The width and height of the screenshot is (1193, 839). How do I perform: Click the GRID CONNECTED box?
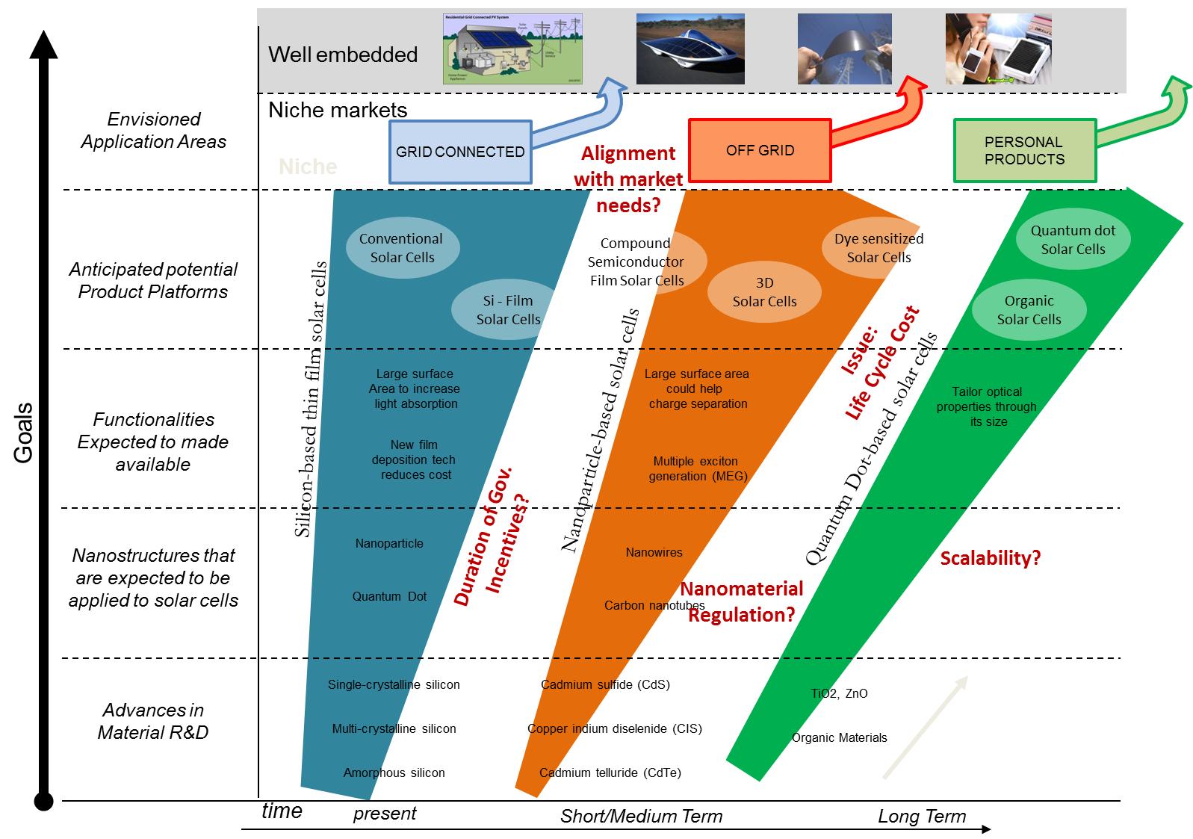click(x=460, y=152)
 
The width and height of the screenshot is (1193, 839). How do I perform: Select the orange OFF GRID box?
click(x=759, y=150)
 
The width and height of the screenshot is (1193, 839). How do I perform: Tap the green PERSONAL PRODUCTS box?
click(x=1024, y=151)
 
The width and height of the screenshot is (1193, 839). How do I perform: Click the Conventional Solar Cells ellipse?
click(x=403, y=248)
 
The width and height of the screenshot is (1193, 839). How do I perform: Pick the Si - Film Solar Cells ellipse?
click(x=508, y=310)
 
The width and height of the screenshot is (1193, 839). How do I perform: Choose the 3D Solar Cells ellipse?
click(x=764, y=292)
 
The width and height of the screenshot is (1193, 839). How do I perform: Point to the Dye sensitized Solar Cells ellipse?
click(x=879, y=248)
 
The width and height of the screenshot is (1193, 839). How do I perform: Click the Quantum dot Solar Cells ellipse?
click(x=1073, y=240)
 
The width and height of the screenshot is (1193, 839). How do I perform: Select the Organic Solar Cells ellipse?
click(x=1029, y=310)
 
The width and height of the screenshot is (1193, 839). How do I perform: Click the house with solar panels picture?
click(x=512, y=49)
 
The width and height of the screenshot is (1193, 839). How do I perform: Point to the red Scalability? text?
click(x=991, y=558)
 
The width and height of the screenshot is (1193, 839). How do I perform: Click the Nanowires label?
click(x=654, y=553)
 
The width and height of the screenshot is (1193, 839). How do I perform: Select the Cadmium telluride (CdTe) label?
click(x=610, y=773)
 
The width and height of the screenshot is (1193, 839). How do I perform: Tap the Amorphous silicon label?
click(x=394, y=773)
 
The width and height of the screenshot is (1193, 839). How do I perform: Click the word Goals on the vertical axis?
click(x=24, y=433)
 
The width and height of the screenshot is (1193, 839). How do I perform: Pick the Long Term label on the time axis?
click(x=922, y=817)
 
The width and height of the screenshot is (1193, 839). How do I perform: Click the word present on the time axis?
click(x=385, y=814)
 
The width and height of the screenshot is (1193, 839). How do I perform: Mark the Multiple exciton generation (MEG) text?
click(x=698, y=468)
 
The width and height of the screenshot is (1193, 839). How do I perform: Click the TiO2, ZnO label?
click(x=839, y=694)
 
